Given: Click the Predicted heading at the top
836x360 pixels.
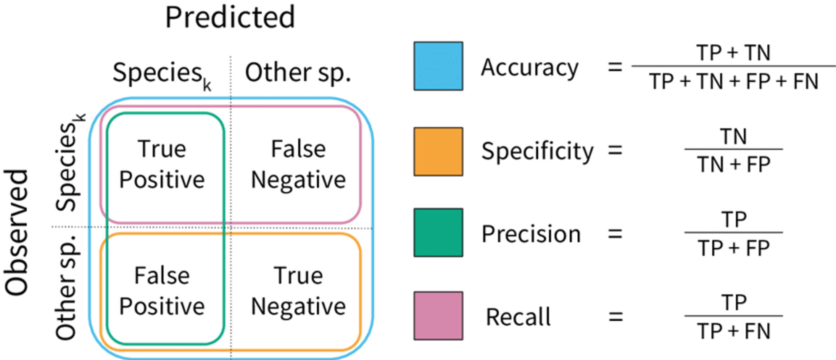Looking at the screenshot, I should [230, 18].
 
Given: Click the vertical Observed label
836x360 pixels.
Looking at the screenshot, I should [17, 232].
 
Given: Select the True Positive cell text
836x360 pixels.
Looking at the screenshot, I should [162, 164].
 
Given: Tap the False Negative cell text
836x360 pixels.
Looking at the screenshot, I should [298, 164].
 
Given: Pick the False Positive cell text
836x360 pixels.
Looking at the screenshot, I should [162, 291].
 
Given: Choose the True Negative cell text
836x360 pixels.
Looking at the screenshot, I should [298, 291].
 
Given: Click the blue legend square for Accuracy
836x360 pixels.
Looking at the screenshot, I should [438, 66].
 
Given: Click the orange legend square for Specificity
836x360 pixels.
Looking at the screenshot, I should [438, 151].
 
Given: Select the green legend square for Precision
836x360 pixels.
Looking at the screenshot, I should [438, 232].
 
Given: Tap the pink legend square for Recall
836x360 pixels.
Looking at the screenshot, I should [438, 316].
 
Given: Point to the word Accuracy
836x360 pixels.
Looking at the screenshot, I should [530, 68].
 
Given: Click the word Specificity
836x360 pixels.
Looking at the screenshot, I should [537, 151].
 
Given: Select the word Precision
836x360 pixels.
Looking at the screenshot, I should [531, 234].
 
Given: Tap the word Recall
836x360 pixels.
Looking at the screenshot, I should [518, 317].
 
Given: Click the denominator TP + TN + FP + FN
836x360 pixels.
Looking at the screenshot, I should [733, 81].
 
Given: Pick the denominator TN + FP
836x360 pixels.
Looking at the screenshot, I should [733, 164].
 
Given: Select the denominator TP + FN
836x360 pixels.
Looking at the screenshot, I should [733, 331].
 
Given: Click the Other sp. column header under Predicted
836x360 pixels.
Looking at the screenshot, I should [298, 73].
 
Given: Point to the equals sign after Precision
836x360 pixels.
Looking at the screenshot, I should [615, 234].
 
